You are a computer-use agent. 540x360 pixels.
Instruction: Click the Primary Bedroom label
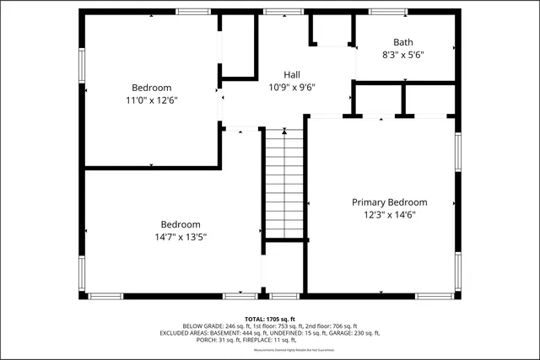click(x=389, y=202)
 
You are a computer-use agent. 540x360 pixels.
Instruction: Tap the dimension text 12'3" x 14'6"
click(x=389, y=215)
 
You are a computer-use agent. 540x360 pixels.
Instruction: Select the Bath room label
click(x=402, y=42)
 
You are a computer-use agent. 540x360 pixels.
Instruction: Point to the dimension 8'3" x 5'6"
click(x=402, y=55)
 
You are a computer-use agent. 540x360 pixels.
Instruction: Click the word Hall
click(x=291, y=75)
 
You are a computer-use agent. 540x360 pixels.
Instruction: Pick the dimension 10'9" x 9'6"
click(x=291, y=87)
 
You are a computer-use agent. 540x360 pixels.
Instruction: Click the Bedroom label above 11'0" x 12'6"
click(x=152, y=88)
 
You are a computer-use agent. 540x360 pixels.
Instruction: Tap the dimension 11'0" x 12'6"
click(x=152, y=100)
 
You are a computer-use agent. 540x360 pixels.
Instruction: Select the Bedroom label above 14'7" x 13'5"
click(x=181, y=224)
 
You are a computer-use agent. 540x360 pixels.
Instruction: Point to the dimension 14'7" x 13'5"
click(x=181, y=237)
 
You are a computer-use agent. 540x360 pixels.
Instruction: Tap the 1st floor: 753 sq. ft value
click(x=272, y=326)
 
